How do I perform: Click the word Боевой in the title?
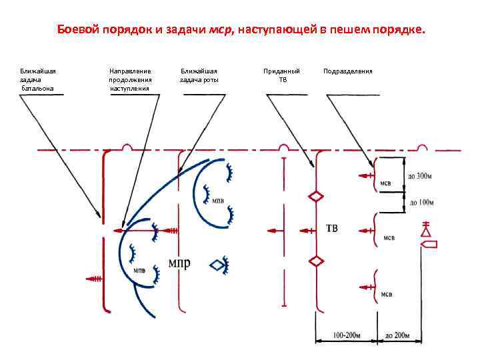coord(75,30)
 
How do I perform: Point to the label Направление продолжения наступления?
coord(130,79)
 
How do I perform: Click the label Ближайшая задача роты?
coord(199,75)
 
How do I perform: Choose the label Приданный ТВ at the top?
coord(282,75)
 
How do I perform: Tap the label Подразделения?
coord(347,71)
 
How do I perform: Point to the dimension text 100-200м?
coord(347,334)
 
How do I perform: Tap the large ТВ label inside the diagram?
coord(331,229)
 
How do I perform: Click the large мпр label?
coord(179,262)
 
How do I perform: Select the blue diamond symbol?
coord(217,265)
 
